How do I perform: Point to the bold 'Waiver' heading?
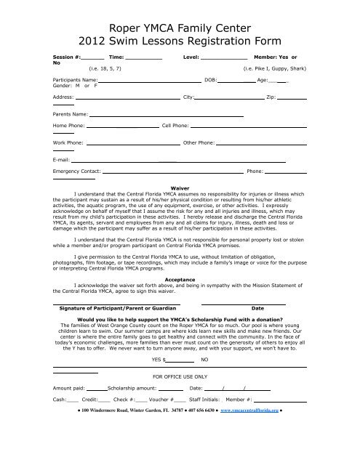(179, 187)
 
